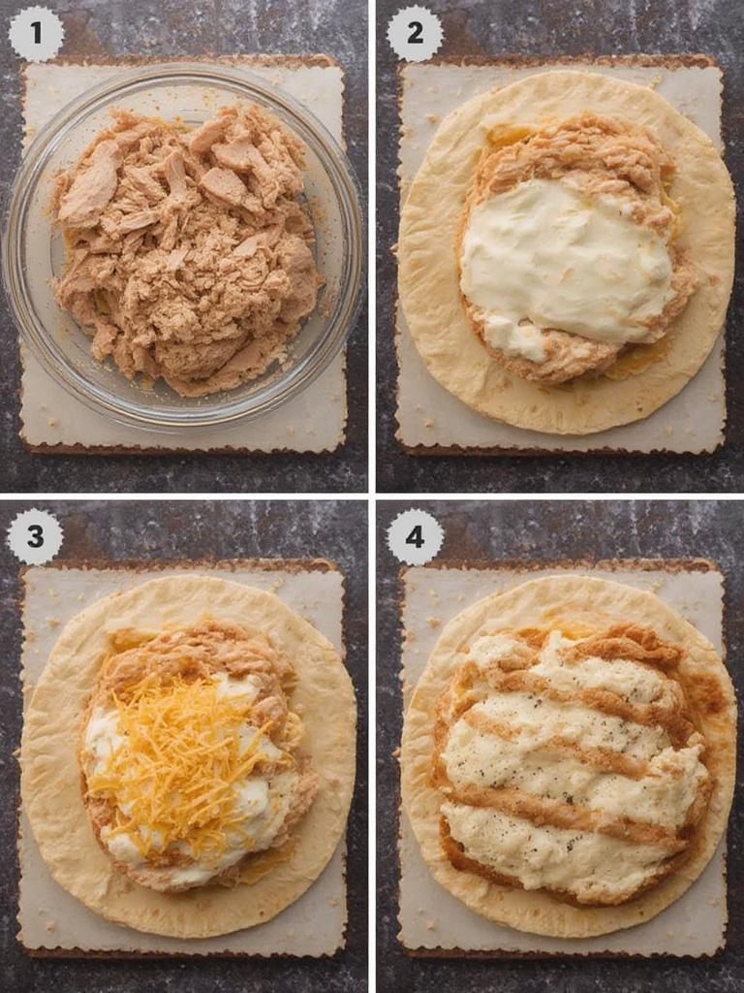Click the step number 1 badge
click(x=36, y=33)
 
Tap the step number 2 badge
click(x=415, y=33)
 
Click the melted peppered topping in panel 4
click(x=572, y=766)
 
